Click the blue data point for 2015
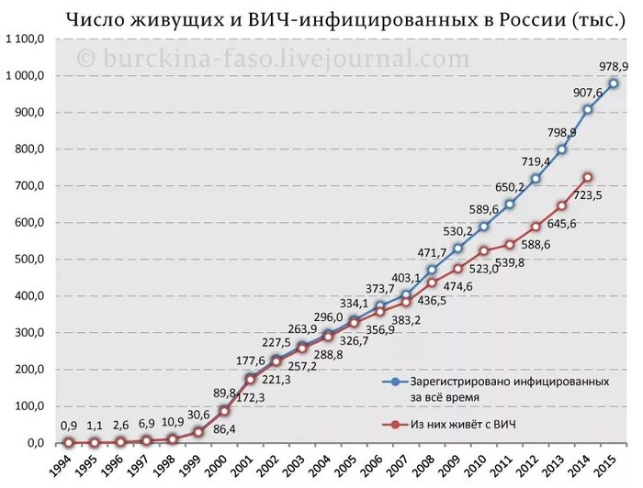coord(613,83)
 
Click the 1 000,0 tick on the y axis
coord(24,75)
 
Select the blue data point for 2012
coord(535,178)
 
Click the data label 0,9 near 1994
coord(70,425)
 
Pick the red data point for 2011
coord(509,245)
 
